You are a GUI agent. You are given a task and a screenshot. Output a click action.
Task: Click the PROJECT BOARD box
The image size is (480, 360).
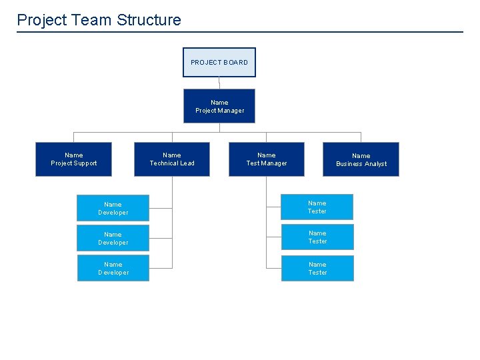point(219,63)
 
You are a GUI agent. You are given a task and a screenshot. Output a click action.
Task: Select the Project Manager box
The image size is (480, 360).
point(219,106)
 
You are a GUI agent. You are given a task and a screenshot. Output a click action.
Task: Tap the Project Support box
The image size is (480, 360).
point(73,159)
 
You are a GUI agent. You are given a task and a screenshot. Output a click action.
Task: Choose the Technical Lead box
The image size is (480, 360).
point(172,159)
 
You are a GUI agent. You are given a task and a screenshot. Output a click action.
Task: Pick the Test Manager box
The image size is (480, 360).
point(267,159)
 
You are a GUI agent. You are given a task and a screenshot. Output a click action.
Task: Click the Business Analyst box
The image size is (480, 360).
point(361,159)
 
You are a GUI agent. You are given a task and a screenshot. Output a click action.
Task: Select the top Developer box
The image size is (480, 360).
point(113,208)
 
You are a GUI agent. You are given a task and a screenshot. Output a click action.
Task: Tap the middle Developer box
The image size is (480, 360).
point(113,238)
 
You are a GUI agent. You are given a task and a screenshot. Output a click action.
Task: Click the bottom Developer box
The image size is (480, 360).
point(113,268)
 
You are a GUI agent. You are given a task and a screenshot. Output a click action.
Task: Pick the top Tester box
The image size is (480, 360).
point(317,207)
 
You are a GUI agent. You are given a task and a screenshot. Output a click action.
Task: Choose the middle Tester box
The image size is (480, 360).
point(317,237)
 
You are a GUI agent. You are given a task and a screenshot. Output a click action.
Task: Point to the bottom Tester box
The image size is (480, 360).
point(317,268)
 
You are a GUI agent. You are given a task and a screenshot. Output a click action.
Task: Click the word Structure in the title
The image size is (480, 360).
point(149,20)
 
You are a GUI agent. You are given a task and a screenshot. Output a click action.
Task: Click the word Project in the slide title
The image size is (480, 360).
point(42,20)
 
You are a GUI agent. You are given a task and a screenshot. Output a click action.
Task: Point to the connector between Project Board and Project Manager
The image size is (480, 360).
point(219,83)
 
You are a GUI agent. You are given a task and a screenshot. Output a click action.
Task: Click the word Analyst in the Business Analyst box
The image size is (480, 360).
point(374,164)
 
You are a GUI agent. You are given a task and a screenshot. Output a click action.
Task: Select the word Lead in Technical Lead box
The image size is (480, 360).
point(187,163)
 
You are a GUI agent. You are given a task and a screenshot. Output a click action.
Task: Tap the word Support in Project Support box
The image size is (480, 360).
point(85,163)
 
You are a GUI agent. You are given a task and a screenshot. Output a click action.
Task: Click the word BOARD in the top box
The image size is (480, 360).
point(236,63)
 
